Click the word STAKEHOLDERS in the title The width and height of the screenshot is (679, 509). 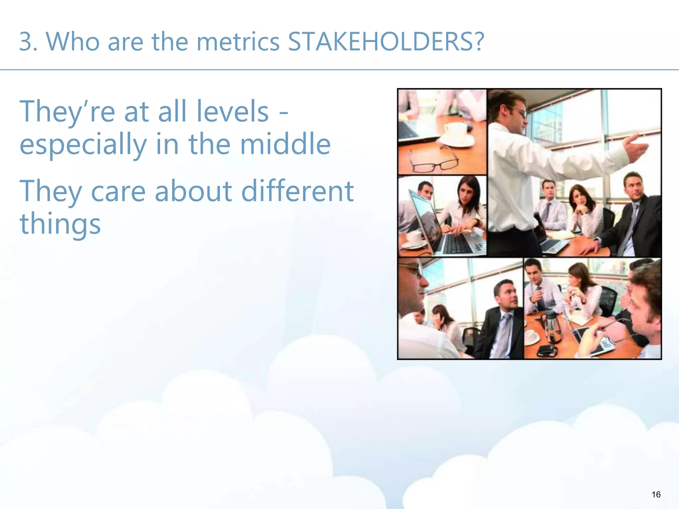[x=381, y=42]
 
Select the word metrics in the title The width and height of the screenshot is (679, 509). [x=238, y=42]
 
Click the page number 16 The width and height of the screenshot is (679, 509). [x=656, y=494]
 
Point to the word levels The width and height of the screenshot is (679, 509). [x=232, y=112]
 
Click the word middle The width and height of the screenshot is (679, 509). [x=285, y=144]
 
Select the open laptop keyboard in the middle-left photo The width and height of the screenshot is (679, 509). [x=459, y=244]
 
